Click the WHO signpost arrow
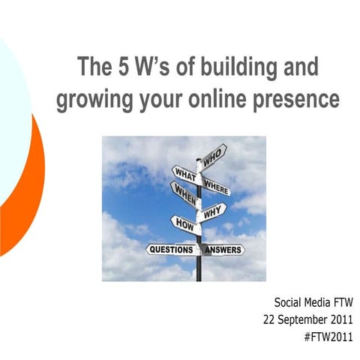tap(214, 155)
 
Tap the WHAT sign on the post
tap(184, 175)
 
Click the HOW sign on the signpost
tap(184, 223)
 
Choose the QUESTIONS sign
tap(170, 249)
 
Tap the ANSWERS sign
tap(223, 249)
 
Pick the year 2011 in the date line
tap(340, 319)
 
